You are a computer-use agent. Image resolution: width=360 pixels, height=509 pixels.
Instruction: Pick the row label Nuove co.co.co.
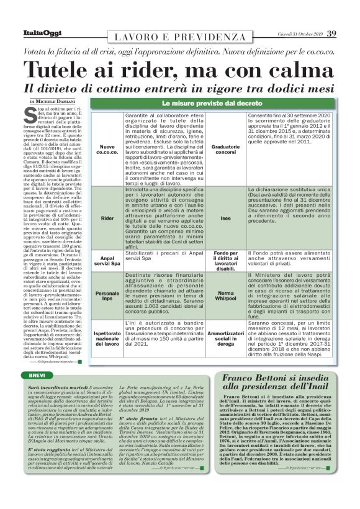(x=107, y=149)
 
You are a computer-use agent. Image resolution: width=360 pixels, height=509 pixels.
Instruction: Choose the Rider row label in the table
(x=107, y=218)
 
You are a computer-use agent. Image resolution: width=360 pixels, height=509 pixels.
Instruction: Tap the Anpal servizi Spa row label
(x=107, y=261)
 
